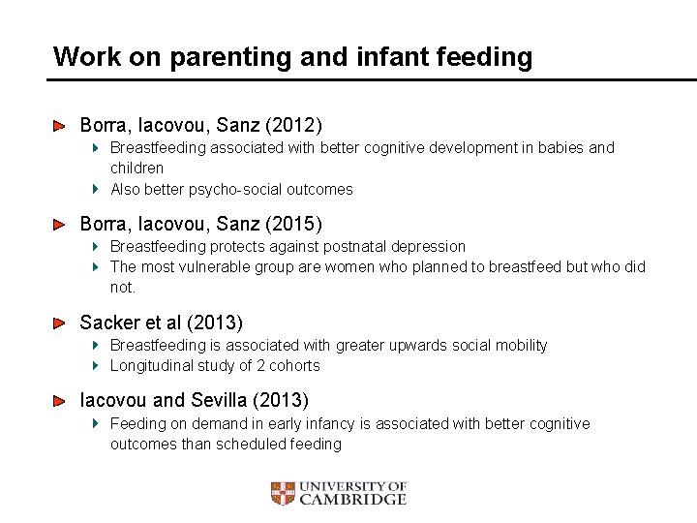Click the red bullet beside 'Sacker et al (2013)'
point(59,323)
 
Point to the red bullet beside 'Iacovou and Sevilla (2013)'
point(59,400)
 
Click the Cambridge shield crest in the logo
point(282,494)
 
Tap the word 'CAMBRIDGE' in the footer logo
point(352,500)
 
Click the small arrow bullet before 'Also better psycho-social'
point(96,190)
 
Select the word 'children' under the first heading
point(137,169)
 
